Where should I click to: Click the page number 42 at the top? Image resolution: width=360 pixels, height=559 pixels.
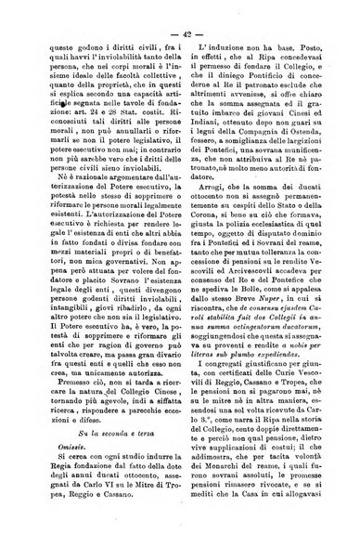[x=180, y=36]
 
